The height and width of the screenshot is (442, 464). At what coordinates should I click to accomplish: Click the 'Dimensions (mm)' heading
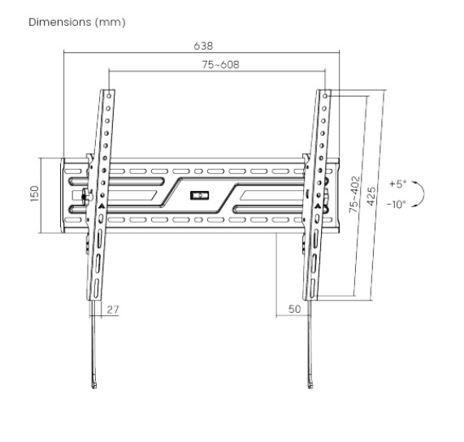77,22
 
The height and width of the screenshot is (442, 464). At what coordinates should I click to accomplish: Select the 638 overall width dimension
203,45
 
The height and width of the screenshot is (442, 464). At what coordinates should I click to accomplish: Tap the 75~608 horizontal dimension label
220,64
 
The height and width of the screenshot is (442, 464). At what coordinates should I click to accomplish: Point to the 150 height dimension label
35,194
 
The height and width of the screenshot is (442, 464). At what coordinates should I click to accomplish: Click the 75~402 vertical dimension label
354,194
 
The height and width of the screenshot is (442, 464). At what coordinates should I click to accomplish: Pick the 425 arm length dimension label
371,196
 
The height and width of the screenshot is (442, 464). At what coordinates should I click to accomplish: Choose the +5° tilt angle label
398,184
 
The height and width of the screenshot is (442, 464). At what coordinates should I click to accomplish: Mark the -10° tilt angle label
397,204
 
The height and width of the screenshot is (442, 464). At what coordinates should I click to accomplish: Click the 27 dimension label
113,310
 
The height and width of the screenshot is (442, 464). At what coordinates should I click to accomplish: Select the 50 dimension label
294,309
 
